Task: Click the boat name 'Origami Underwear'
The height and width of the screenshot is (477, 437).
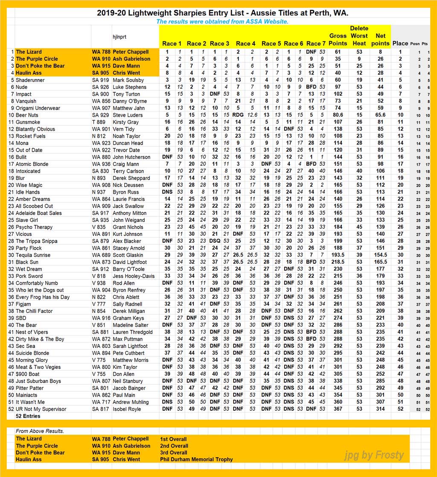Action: (x=38, y=108)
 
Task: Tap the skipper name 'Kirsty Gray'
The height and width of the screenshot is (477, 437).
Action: (x=126, y=122)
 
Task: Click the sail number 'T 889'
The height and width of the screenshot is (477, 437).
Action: (x=99, y=122)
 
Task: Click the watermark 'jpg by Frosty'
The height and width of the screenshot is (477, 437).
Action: (x=373, y=455)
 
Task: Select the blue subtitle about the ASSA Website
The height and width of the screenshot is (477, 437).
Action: (x=222, y=21)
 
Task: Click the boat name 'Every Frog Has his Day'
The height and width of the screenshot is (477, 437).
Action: (x=43, y=297)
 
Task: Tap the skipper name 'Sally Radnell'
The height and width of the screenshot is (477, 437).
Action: (x=127, y=304)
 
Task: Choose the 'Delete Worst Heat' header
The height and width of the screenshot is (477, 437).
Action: (x=359, y=36)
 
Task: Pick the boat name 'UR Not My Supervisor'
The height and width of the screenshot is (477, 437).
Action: (x=42, y=409)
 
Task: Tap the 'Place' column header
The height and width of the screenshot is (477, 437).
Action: (x=400, y=43)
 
